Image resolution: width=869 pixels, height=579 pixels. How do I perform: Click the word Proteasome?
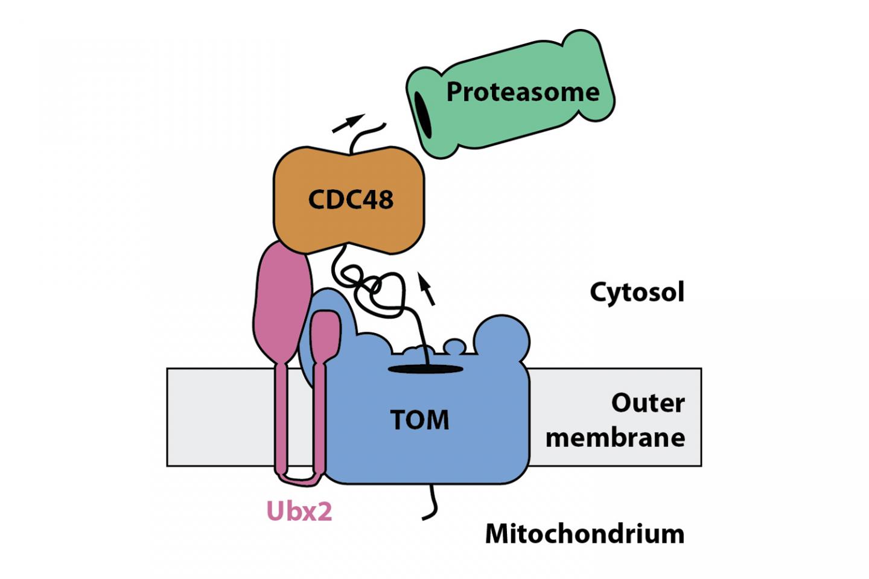(523, 92)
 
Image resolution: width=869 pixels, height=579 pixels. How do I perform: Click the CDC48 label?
(351, 199)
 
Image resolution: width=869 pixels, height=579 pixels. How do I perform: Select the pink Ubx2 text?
(299, 511)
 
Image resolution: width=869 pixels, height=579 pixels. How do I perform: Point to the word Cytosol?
(637, 293)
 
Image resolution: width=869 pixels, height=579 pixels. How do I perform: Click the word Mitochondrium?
(584, 534)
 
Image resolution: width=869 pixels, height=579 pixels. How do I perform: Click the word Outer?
(648, 403)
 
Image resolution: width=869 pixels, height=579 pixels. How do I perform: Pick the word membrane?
(615, 438)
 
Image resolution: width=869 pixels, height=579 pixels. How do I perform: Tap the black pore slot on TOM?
(425, 369)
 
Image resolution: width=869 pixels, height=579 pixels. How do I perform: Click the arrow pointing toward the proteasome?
(349, 122)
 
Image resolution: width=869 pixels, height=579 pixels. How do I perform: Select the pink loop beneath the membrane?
(300, 479)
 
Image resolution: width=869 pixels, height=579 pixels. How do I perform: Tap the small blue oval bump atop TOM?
(454, 346)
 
